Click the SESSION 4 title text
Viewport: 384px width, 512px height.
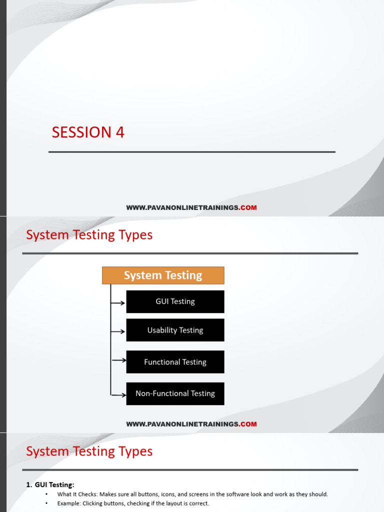[x=88, y=132]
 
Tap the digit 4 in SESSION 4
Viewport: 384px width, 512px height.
[x=120, y=132]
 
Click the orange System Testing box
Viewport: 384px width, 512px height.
[x=163, y=275]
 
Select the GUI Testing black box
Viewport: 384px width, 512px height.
[x=175, y=301]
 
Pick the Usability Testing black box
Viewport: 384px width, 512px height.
[x=175, y=330]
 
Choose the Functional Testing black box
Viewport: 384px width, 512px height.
[x=175, y=362]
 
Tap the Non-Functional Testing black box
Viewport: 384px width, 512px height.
[x=175, y=393]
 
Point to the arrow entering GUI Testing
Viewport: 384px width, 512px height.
[x=118, y=302]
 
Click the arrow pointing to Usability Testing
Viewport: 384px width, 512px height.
[x=118, y=331]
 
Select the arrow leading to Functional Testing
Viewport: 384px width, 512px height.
[x=118, y=360]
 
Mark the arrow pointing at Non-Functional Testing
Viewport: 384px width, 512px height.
[x=118, y=395]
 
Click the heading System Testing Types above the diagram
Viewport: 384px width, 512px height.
[x=89, y=235]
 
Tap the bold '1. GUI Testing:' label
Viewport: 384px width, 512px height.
[x=50, y=484]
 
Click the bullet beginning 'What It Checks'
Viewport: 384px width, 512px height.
[x=46, y=494]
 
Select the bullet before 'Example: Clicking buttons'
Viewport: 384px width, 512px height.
[x=46, y=503]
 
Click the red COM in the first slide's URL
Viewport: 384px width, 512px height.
[x=248, y=207]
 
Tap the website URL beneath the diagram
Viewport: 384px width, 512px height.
[x=191, y=424]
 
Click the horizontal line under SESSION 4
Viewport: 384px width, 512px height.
[x=192, y=152]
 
